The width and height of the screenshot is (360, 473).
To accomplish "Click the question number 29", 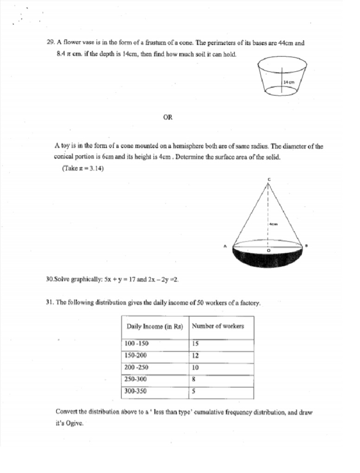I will [51, 43].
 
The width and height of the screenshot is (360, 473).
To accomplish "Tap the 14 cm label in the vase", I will [288, 82].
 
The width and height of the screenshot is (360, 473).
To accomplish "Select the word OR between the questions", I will [168, 117].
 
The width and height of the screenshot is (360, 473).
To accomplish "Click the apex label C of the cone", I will [268, 179].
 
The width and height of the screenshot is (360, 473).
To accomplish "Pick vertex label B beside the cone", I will [307, 245].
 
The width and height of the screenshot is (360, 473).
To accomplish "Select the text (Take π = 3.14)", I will [83, 168].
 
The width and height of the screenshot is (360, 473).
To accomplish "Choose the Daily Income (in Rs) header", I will [155, 326].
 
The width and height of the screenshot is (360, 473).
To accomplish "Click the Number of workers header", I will [218, 326].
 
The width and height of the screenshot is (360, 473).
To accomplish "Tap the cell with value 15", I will [195, 344].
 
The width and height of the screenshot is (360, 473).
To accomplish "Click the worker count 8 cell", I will [193, 379].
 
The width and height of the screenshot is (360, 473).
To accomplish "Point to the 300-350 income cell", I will [135, 391].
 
